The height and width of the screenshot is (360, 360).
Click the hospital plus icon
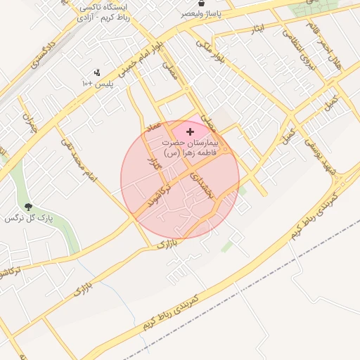tap(190, 131)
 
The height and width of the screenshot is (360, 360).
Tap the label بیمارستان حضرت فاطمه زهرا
tap(191, 147)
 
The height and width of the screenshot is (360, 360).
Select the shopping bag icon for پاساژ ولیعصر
tap(202, 4)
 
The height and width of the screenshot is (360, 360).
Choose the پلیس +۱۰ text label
tap(98, 84)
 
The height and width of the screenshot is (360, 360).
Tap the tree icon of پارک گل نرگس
tap(28, 207)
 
